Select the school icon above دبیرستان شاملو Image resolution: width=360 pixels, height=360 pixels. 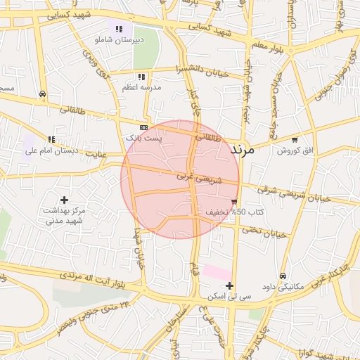pos(119,30)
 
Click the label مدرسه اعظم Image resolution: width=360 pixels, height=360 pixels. pos(143,87)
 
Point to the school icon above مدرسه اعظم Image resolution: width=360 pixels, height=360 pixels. pos(141,77)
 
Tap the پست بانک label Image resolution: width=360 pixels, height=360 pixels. pos(144,139)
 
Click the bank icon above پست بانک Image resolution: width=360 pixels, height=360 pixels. pos(144,128)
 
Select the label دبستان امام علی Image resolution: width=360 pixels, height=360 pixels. pos(51,150)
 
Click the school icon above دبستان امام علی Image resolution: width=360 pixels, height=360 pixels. pos(51,139)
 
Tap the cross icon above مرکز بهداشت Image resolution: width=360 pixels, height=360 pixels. pos(65,200)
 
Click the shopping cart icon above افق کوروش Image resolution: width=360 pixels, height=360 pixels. pos(295,140)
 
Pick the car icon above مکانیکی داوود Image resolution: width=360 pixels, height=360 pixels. pos(283,276)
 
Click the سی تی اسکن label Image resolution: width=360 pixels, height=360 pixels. pos(230,297)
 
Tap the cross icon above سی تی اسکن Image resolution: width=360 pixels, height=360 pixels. pos(230,285)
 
